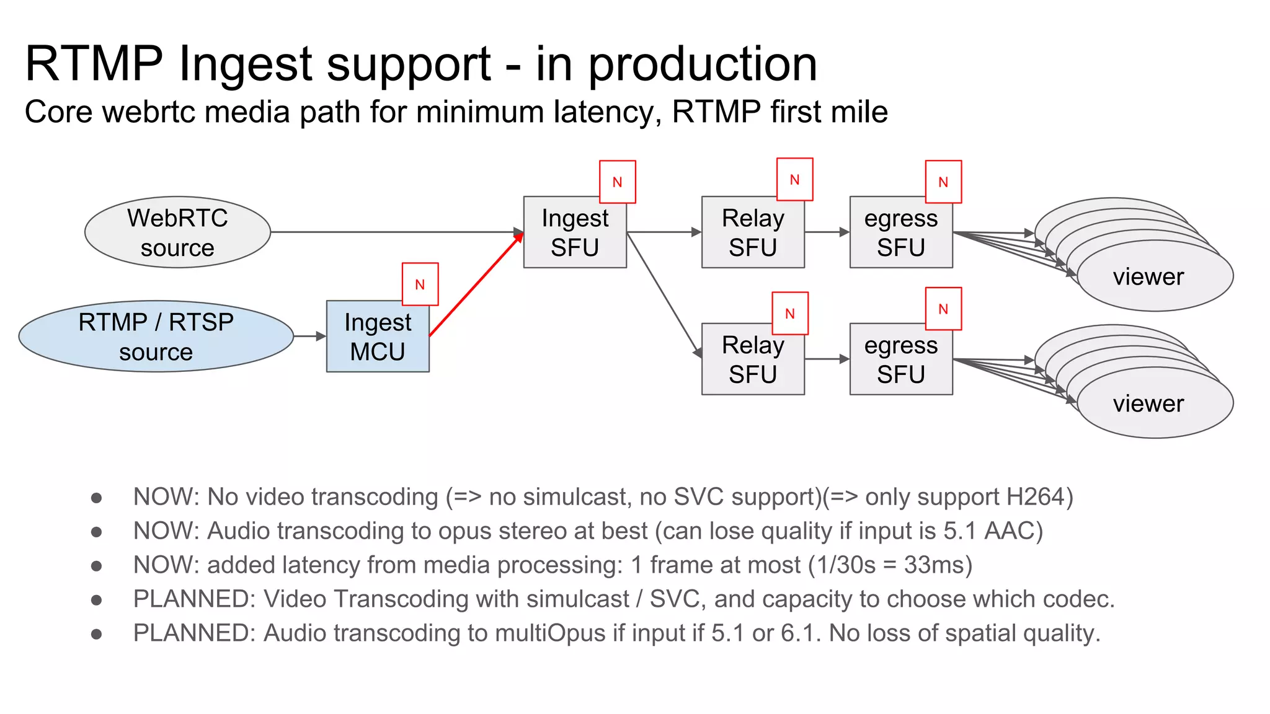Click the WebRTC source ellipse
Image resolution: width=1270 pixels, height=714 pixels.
(x=177, y=232)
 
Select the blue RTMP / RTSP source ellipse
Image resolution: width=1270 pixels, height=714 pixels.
(x=156, y=337)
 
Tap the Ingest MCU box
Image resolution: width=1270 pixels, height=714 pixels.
(x=378, y=337)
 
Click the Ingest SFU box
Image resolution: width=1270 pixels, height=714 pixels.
(x=575, y=232)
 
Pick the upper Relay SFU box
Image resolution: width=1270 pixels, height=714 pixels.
(x=753, y=232)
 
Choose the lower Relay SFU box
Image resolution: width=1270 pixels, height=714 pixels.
(x=753, y=359)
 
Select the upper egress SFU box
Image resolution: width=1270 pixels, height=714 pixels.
(x=901, y=232)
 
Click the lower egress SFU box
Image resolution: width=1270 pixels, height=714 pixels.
(x=901, y=359)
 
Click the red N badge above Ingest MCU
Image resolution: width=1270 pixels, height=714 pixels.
(x=420, y=284)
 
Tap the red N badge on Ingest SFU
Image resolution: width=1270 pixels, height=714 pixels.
(x=617, y=182)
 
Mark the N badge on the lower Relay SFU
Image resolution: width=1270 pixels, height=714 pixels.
(x=789, y=314)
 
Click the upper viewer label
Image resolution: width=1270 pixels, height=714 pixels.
(x=1148, y=277)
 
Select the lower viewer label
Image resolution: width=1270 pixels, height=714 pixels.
(x=1148, y=404)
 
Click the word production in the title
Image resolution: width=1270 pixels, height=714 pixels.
(x=702, y=64)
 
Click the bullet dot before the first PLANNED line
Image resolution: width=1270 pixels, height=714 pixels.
(x=96, y=600)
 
